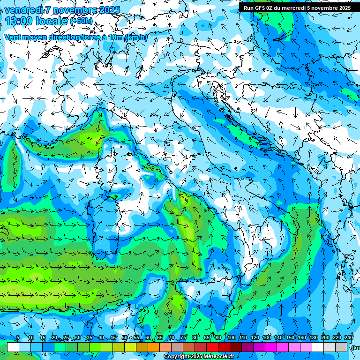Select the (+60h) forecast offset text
(x=81, y=21)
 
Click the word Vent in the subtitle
(x=13, y=37)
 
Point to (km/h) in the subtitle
(x=136, y=37)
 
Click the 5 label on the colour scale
(x=18, y=338)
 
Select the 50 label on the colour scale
(x=124, y=338)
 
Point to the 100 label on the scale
(x=231, y=338)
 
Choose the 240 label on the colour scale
(x=349, y=338)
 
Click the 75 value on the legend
(x=183, y=338)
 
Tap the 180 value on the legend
(x=313, y=338)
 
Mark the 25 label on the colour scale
(x=66, y=338)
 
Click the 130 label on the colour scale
(x=266, y=338)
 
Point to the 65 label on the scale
(x=160, y=338)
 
